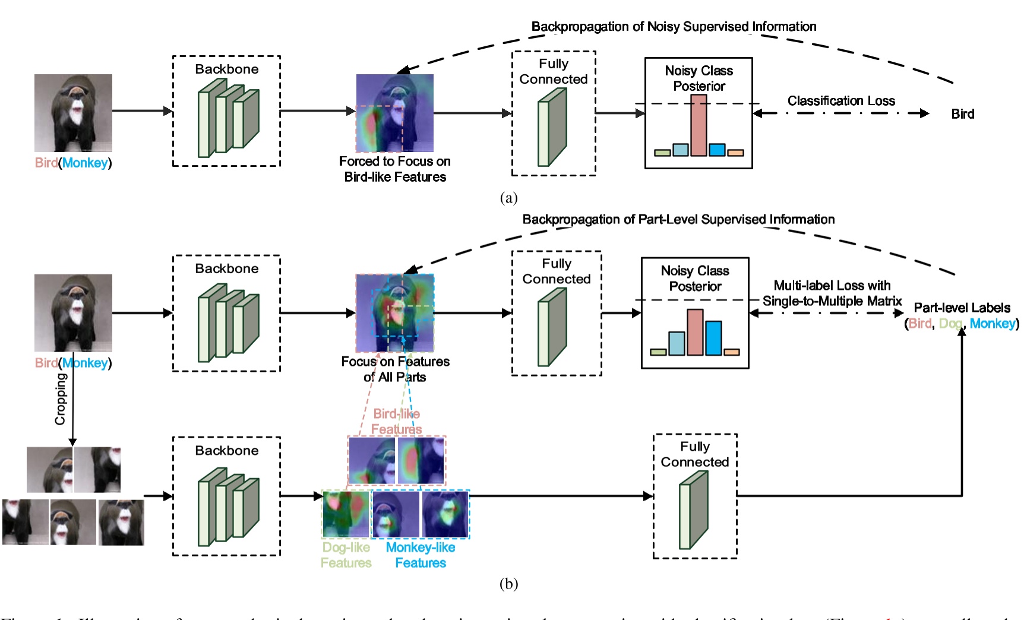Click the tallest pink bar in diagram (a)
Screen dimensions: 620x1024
(x=699, y=125)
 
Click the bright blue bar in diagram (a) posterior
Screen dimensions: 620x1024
(x=717, y=149)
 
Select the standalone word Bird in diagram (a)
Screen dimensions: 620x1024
(x=962, y=114)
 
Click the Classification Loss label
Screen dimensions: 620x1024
(x=841, y=101)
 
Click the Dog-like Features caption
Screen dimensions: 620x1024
(x=346, y=555)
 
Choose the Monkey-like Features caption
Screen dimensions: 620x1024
(x=421, y=555)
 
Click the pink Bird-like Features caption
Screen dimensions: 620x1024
(x=396, y=421)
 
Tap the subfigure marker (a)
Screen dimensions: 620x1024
(x=508, y=198)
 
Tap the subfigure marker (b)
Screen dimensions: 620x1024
(x=508, y=584)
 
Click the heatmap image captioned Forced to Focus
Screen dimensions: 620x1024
(x=394, y=113)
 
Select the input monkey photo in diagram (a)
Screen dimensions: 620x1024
(x=73, y=113)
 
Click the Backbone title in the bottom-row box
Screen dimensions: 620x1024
(x=226, y=451)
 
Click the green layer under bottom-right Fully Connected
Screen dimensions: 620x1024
(x=693, y=510)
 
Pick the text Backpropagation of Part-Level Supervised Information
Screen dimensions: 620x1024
(x=678, y=220)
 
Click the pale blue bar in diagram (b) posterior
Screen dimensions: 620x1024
(x=677, y=343)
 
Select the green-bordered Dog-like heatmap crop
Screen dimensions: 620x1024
(x=346, y=514)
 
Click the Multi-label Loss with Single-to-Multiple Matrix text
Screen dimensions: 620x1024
(x=832, y=293)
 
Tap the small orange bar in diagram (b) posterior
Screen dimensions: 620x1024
(x=732, y=352)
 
